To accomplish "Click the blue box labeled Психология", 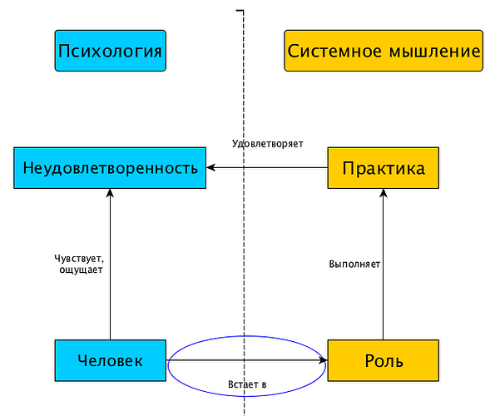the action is pos(111,51).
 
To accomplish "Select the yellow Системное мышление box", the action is pos(384,51).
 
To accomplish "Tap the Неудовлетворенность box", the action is pos(110,168).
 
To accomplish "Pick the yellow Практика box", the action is pos(384,168).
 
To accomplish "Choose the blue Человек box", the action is pos(111,360).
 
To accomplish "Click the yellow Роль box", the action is pos(384,360).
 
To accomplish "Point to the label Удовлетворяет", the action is pos(268,144).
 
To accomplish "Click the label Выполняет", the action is pos(354,264).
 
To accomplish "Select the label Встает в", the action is pos(247,384).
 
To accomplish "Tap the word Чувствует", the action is pos(79,258).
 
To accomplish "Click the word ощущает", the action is pos(81,270).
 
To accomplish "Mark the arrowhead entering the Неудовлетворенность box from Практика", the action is pos(210,167).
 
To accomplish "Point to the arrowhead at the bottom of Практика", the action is pos(384,193).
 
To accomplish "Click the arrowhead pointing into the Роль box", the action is pos(324,360).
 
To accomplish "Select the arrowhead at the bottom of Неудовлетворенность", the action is pos(110,193).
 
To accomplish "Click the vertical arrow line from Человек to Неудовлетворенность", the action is pos(110,264).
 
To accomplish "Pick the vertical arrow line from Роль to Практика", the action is pos(384,264).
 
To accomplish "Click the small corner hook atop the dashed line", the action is pos(240,11).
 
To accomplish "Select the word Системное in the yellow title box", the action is pos(334,51).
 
